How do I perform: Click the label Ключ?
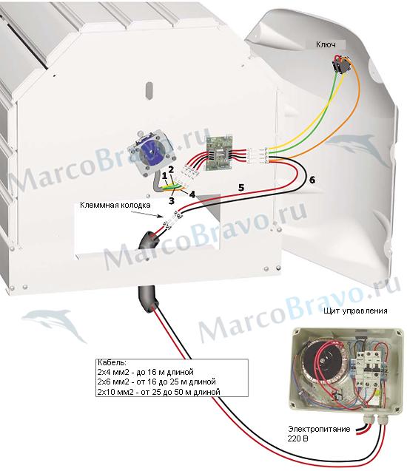click(x=326, y=44)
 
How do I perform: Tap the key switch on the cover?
click(x=340, y=64)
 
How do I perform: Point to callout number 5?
click(x=241, y=188)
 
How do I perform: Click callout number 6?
click(x=312, y=180)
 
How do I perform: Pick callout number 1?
click(x=164, y=175)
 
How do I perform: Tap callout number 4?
click(x=192, y=194)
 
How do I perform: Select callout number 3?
click(x=172, y=200)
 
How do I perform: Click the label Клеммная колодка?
click(x=115, y=205)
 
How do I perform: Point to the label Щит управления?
click(x=355, y=311)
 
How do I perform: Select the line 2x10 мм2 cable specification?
click(x=158, y=392)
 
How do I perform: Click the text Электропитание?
click(x=319, y=429)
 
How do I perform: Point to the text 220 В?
click(x=297, y=438)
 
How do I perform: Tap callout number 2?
click(x=171, y=169)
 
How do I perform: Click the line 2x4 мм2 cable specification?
click(x=146, y=372)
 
